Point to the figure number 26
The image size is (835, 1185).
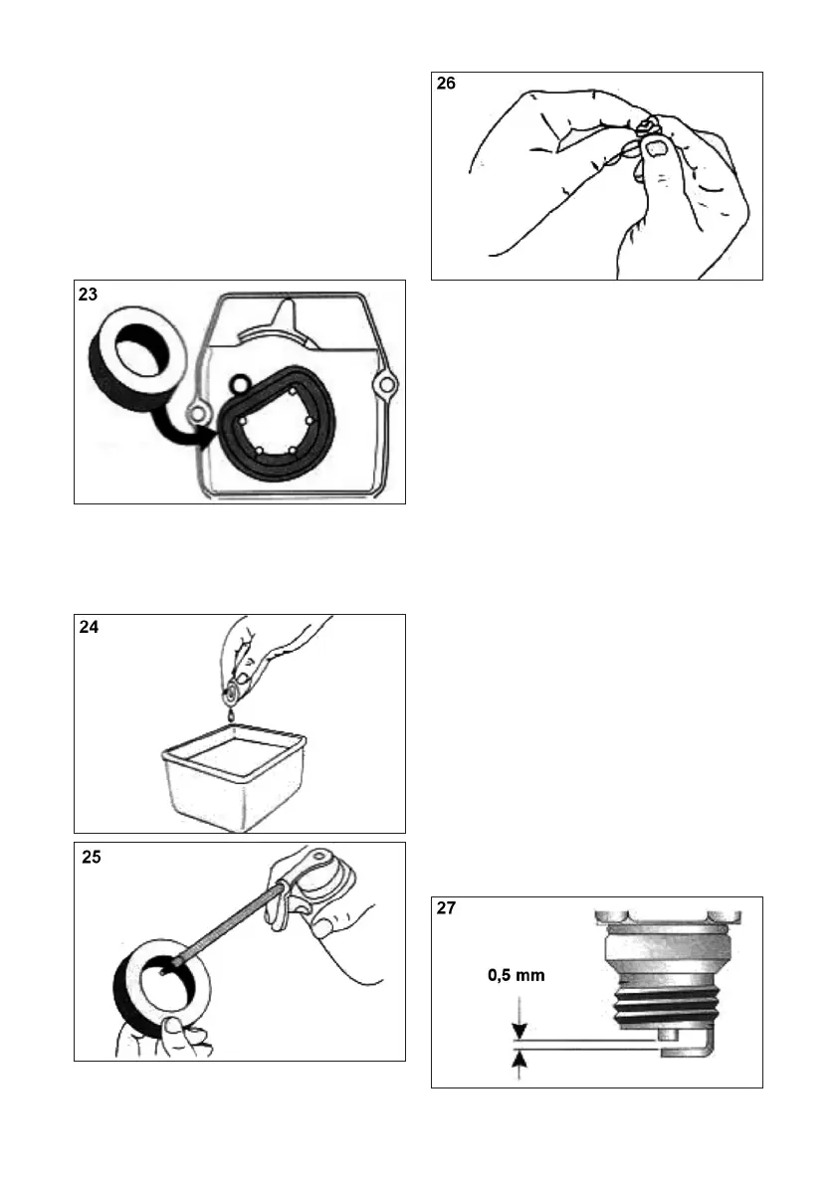(447, 86)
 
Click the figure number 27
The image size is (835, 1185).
(448, 910)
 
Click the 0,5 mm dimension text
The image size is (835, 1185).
(516, 976)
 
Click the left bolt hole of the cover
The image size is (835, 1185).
(198, 412)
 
